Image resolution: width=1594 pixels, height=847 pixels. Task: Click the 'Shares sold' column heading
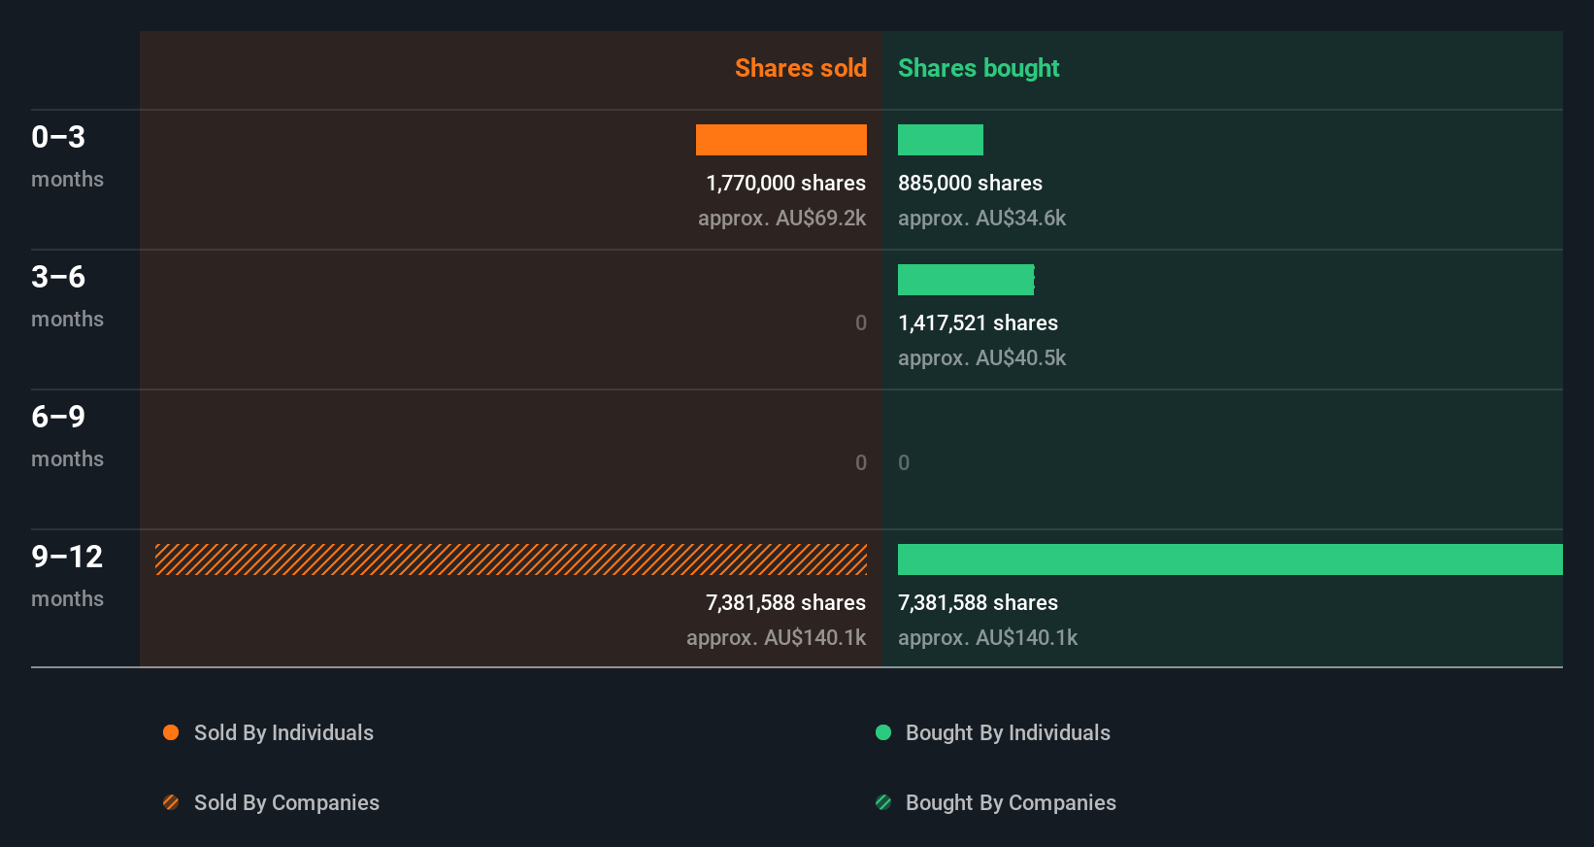tap(800, 68)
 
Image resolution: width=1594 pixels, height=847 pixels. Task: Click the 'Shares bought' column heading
tap(978, 68)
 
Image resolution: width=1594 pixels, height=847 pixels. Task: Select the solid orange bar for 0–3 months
tap(780, 140)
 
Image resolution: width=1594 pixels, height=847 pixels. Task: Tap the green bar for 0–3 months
tap(940, 140)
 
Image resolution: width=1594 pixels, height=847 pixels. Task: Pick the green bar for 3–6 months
tap(965, 280)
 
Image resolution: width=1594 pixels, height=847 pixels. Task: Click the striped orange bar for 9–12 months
tap(511, 559)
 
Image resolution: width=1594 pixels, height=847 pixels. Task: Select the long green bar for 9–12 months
tap(1229, 559)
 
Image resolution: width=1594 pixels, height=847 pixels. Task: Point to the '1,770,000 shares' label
tap(785, 183)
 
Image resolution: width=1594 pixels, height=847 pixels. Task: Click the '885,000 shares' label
tap(970, 183)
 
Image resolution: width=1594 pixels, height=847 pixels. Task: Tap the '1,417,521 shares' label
tap(978, 322)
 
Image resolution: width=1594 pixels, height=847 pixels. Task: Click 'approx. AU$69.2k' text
tap(781, 218)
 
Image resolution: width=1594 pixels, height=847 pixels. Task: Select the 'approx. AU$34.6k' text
tap(981, 218)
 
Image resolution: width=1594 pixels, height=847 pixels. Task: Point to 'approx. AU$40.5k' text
tap(981, 357)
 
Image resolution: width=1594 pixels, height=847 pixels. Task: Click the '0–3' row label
tap(58, 137)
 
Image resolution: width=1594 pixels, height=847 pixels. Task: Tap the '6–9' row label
tap(58, 417)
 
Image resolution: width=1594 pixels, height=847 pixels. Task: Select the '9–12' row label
tap(67, 557)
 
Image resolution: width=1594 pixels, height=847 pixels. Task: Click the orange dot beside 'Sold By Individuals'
tap(171, 732)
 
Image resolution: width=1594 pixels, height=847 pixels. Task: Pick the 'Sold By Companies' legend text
tap(286, 802)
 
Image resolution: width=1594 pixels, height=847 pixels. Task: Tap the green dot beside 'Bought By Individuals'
tap(883, 732)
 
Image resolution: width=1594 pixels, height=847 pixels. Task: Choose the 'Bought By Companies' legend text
tap(1011, 802)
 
